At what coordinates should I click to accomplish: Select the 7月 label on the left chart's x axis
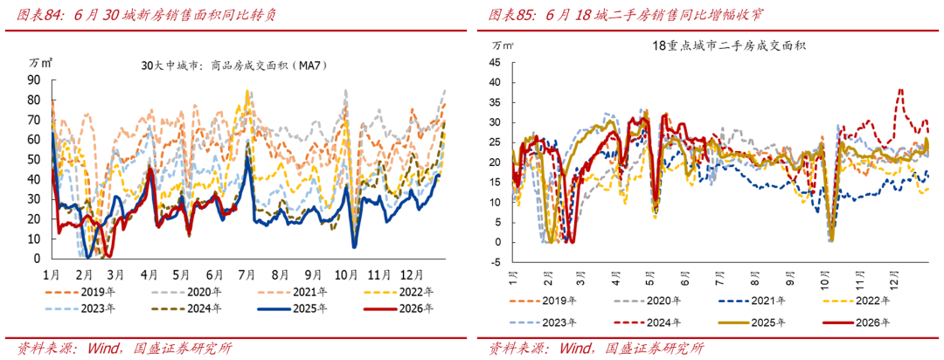tap(248, 274)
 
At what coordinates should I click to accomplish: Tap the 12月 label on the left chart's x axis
tap(411, 274)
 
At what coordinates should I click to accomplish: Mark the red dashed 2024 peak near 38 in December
tap(900, 90)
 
